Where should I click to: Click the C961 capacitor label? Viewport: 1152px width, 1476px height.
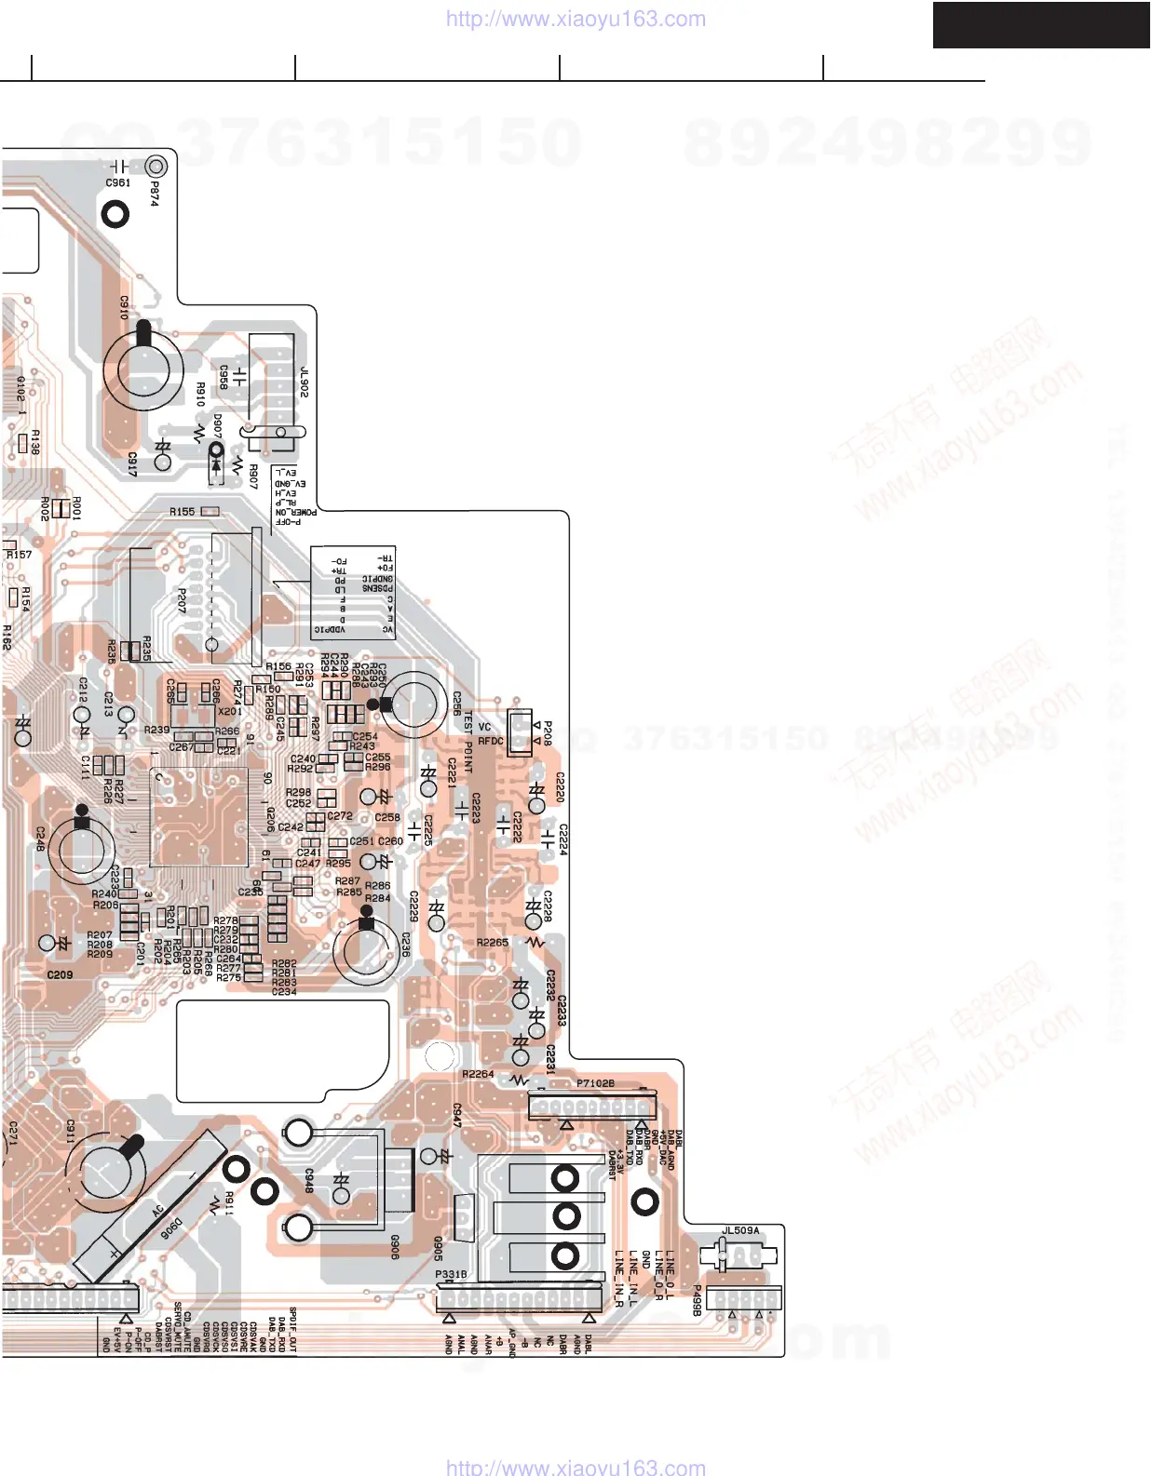coord(117,183)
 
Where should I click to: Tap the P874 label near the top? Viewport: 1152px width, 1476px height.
coord(155,194)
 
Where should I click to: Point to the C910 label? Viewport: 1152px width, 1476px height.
coord(125,308)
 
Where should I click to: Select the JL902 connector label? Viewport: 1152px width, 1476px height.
coord(304,382)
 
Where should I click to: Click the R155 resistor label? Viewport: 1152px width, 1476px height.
coord(183,512)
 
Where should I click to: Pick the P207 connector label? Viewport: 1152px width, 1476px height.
coord(182,600)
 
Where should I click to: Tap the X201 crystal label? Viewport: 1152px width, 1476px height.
coord(230,712)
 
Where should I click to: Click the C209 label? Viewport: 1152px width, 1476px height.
coord(60,975)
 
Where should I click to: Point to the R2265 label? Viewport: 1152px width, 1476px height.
coord(493,943)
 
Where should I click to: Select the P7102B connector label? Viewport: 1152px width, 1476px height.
coord(595,1083)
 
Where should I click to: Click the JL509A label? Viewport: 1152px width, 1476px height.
coord(740,1230)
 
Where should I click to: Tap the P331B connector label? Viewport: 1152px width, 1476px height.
coord(451,1274)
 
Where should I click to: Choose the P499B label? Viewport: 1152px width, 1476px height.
coord(696,1300)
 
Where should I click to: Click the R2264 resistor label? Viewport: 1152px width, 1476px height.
coord(478,1074)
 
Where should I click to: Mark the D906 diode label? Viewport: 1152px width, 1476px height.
coord(171,1228)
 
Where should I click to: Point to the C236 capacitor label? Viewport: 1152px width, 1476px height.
coord(405,946)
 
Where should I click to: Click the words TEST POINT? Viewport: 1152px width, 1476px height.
coord(468,743)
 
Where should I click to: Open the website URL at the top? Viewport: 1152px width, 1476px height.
coord(576,19)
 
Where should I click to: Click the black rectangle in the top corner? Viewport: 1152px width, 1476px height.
coord(1041,24)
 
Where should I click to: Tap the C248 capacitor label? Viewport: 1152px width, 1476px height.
coord(40,839)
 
